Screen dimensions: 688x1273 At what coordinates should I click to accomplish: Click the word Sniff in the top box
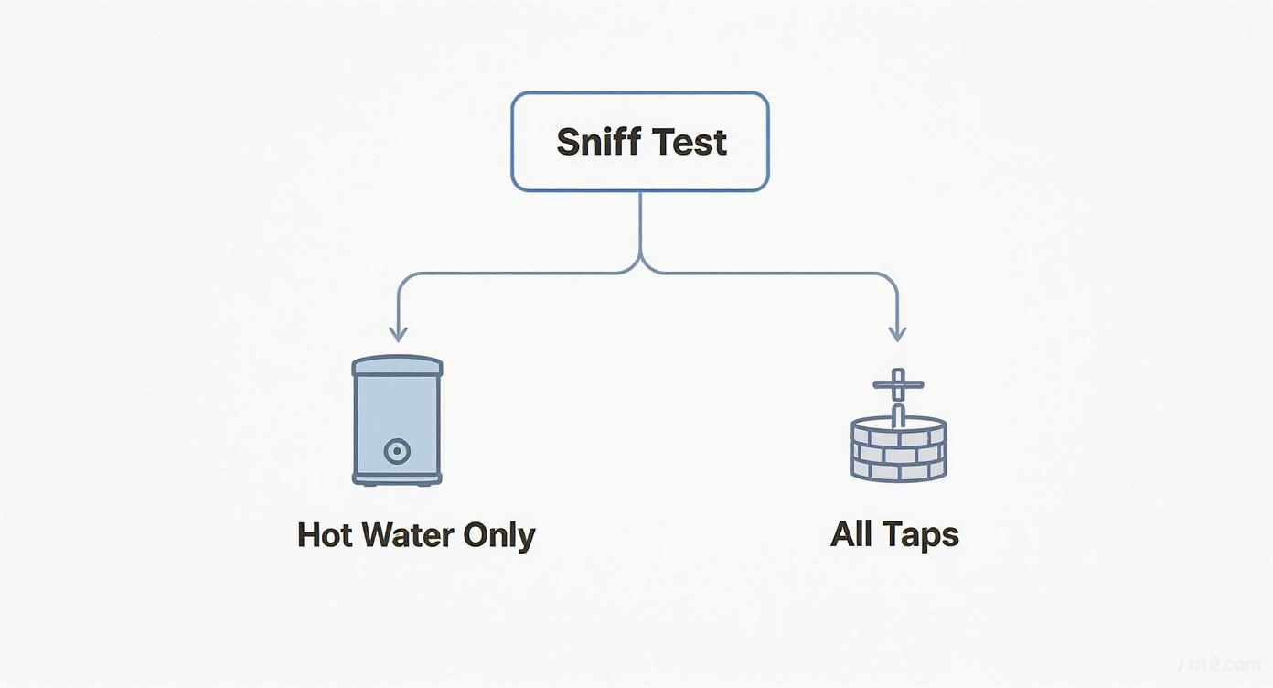[x=599, y=142]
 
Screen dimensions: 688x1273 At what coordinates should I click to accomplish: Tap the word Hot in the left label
[x=325, y=535]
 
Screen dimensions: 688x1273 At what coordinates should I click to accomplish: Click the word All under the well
[x=851, y=534]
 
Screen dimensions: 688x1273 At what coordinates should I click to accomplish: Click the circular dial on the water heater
[x=398, y=451]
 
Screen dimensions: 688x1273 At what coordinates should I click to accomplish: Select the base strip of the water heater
[x=397, y=477]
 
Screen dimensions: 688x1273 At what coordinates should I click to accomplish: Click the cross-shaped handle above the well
[x=898, y=385]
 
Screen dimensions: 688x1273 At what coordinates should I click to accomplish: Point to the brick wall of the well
[x=898, y=457]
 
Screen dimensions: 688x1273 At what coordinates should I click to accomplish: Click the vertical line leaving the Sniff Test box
[x=640, y=224]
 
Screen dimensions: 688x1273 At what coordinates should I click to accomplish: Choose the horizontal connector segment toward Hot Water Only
[x=512, y=273]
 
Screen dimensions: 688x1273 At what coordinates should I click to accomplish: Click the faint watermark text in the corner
[x=1225, y=661]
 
